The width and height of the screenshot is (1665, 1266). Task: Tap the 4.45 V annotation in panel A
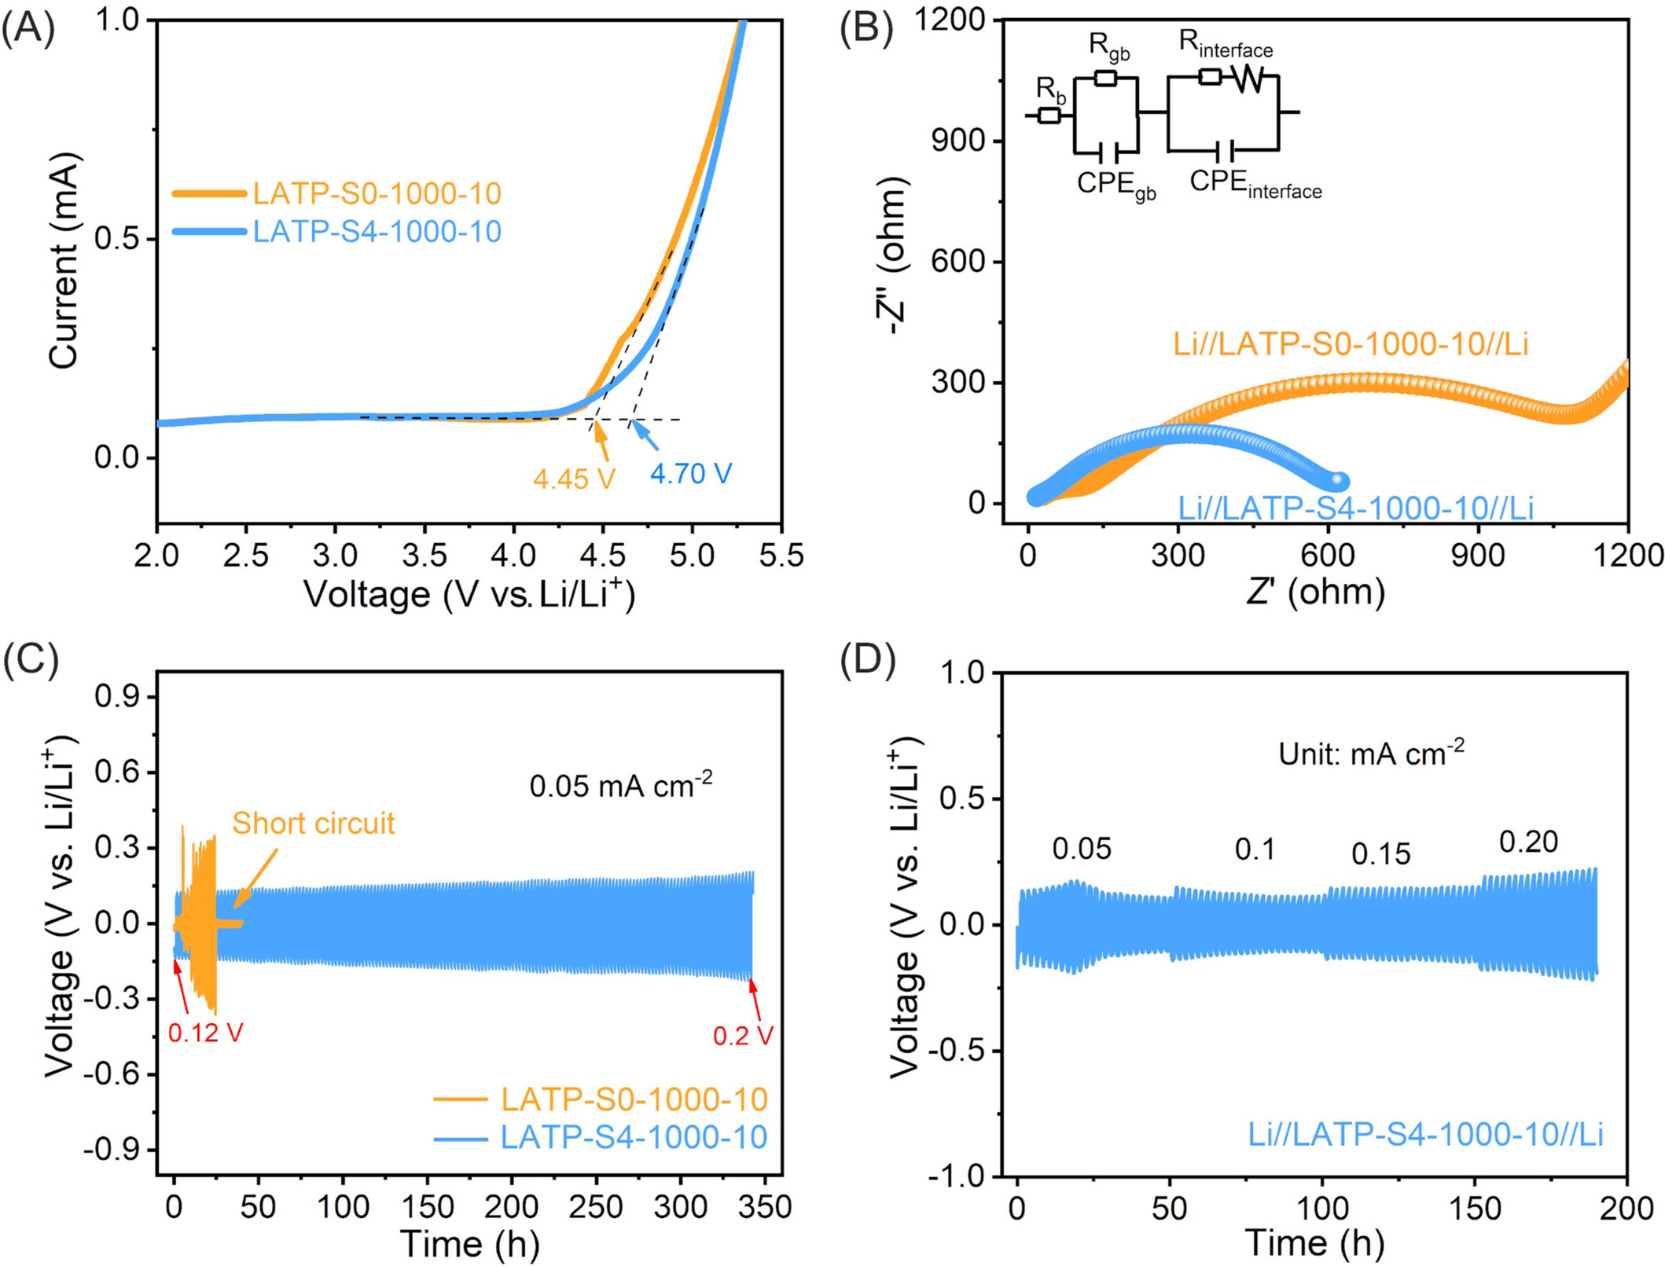(x=573, y=479)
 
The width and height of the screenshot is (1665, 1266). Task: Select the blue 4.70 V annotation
(x=690, y=473)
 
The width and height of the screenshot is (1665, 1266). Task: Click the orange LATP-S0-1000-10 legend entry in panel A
(x=377, y=193)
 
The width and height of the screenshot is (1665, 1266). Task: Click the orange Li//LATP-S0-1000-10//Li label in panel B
(x=1351, y=344)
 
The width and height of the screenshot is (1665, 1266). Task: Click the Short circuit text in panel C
(x=313, y=824)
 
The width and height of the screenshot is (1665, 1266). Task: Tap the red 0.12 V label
(x=206, y=1033)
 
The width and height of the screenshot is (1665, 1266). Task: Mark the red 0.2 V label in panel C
(x=743, y=1036)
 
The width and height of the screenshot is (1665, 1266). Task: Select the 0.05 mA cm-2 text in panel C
(x=620, y=784)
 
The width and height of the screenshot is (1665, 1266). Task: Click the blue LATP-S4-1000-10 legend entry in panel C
(x=634, y=1137)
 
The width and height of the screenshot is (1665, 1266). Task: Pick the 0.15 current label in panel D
(x=1380, y=853)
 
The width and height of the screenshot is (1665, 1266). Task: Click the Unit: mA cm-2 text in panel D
(x=1371, y=753)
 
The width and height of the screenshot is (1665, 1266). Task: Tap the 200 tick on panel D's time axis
(x=1624, y=1209)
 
